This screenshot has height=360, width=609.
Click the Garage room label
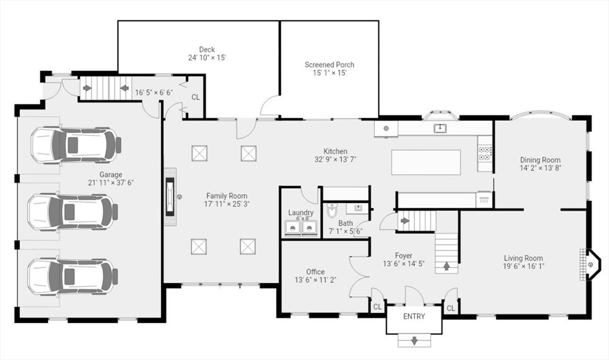tap(111, 174)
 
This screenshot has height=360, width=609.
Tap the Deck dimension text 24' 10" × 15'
tap(207, 58)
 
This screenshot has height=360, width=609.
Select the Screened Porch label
tap(329, 64)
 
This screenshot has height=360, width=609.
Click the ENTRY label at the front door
tap(414, 317)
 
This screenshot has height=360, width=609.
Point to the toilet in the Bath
tap(332, 211)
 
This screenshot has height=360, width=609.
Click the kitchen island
tap(426, 162)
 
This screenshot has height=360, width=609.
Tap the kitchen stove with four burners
tap(485, 153)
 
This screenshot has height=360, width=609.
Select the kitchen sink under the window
tap(440, 128)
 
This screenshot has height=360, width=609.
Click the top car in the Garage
tap(76, 145)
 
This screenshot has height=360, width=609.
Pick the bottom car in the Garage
tap(73, 277)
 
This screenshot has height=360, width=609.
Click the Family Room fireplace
tap(170, 197)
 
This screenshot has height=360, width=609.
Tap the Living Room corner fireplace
tap(590, 265)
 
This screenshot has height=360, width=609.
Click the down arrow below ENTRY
tap(415, 340)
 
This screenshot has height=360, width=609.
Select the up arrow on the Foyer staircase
tap(446, 266)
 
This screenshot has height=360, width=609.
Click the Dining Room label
tap(540, 160)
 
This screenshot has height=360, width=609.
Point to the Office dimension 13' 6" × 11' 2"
tap(315, 280)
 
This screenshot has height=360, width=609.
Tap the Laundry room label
tap(300, 212)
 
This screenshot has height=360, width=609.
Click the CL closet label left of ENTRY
tap(377, 307)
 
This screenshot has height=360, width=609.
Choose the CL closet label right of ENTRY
tap(451, 308)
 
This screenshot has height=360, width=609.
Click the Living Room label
tap(523, 258)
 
